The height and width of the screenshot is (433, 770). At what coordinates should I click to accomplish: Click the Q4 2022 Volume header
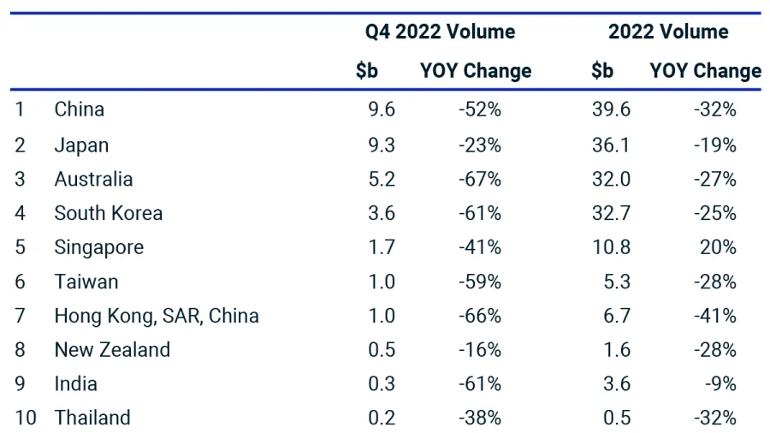(x=440, y=33)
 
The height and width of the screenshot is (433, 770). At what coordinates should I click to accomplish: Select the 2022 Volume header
(x=668, y=33)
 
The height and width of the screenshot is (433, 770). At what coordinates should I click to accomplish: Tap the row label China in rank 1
(x=80, y=110)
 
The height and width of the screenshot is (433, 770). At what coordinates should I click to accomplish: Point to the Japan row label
(x=81, y=145)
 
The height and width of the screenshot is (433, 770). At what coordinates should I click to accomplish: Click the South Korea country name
(x=108, y=213)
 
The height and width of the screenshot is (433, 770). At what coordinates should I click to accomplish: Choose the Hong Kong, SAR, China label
(x=157, y=316)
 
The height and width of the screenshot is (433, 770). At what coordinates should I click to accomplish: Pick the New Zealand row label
(x=112, y=350)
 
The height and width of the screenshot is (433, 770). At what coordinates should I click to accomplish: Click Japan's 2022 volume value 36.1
(x=611, y=145)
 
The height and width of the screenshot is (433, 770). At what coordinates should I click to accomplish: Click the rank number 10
(x=26, y=418)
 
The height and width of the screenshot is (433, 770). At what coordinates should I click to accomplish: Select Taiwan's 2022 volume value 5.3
(x=616, y=282)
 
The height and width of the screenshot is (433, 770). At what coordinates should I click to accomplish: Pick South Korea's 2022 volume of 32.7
(x=611, y=213)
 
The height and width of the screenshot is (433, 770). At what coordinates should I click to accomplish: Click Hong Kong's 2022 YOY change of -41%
(x=715, y=316)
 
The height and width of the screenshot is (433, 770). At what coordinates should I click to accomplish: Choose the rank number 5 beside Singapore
(x=20, y=247)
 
